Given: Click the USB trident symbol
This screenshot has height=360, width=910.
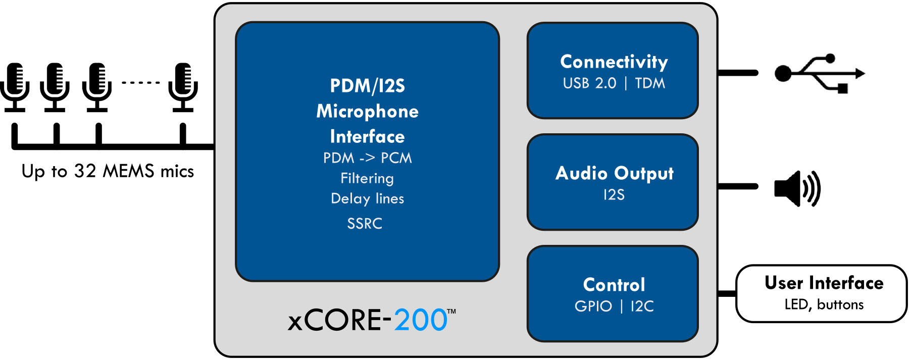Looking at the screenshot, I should point(819,73).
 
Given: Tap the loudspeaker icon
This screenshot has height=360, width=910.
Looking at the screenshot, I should point(797,188).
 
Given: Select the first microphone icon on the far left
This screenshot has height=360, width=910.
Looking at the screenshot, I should point(15,86).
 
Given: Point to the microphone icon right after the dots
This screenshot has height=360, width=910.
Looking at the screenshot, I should point(183,86).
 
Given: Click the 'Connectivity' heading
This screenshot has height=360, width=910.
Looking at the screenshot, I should point(614,62).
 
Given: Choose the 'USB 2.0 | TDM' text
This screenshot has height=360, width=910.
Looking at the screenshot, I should point(614,83).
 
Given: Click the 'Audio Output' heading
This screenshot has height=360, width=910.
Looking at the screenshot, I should point(614,173).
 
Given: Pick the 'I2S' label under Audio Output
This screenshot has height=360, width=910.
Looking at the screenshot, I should point(614,195).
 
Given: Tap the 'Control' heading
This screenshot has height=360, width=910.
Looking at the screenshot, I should point(614,285).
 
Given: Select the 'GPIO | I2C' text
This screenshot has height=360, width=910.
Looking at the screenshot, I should point(614,306).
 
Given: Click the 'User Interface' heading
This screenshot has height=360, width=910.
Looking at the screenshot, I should point(824,283).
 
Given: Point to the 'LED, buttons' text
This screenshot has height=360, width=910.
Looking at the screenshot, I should point(824,304).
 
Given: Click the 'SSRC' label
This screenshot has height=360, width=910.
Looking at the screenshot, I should point(365,224).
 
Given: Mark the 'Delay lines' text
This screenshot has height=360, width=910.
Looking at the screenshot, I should point(367,198).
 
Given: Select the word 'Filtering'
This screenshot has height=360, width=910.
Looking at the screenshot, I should point(367,178).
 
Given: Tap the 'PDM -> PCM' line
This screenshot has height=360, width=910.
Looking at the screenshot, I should point(367,158).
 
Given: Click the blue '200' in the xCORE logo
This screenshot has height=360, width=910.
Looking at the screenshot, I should point(420,320).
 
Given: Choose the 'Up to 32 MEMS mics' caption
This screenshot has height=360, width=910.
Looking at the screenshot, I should point(108,171).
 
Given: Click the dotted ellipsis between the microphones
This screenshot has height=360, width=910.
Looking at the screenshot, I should point(140,82).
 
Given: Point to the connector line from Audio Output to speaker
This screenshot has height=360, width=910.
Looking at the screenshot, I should point(737,186).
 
